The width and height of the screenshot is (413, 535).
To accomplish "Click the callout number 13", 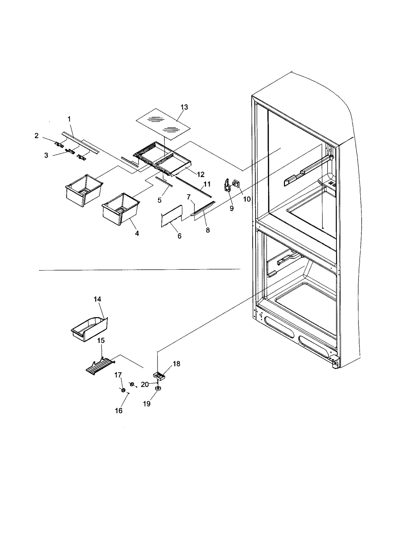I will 184,107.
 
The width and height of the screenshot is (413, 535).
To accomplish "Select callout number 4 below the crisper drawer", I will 137,233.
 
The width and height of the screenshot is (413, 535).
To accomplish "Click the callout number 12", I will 201,175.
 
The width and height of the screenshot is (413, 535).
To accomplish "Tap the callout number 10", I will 247,199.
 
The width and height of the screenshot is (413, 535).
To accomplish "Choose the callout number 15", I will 101,340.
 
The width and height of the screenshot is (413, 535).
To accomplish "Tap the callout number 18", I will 177,364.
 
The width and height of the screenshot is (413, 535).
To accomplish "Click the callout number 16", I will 118,410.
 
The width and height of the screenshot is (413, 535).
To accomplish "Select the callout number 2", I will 37,136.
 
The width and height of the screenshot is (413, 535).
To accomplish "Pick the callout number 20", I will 145,385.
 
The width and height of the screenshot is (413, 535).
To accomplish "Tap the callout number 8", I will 208,230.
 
